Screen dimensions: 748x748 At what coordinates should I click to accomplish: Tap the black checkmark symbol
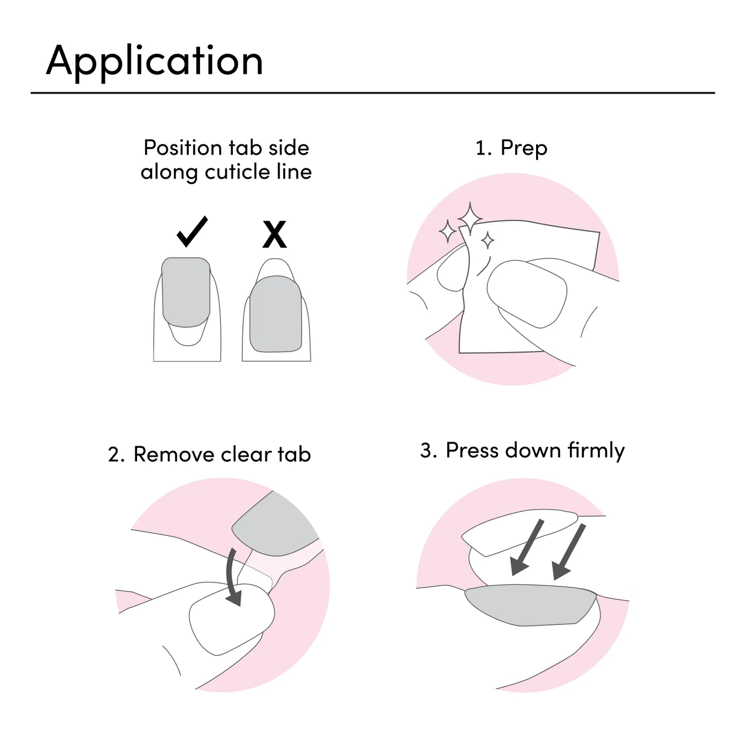pyautogui.click(x=192, y=231)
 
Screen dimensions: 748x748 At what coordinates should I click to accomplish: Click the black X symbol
pyautogui.click(x=274, y=234)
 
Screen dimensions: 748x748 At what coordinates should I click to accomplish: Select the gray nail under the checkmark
pyautogui.click(x=186, y=292)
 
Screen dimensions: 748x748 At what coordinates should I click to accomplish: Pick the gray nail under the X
pyautogui.click(x=276, y=314)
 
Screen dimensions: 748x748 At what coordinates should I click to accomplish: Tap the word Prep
pyautogui.click(x=524, y=149)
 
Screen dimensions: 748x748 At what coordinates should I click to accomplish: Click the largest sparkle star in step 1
pyautogui.click(x=470, y=219)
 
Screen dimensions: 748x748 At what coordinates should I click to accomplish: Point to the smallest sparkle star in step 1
pyautogui.click(x=488, y=241)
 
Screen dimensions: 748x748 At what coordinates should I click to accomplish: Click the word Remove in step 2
pyautogui.click(x=174, y=454)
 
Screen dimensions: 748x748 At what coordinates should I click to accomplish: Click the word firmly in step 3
pyautogui.click(x=596, y=451)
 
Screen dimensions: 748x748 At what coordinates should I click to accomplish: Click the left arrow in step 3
pyautogui.click(x=527, y=547)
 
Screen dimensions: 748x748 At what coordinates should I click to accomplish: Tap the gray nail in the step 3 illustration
pyautogui.click(x=531, y=605)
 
